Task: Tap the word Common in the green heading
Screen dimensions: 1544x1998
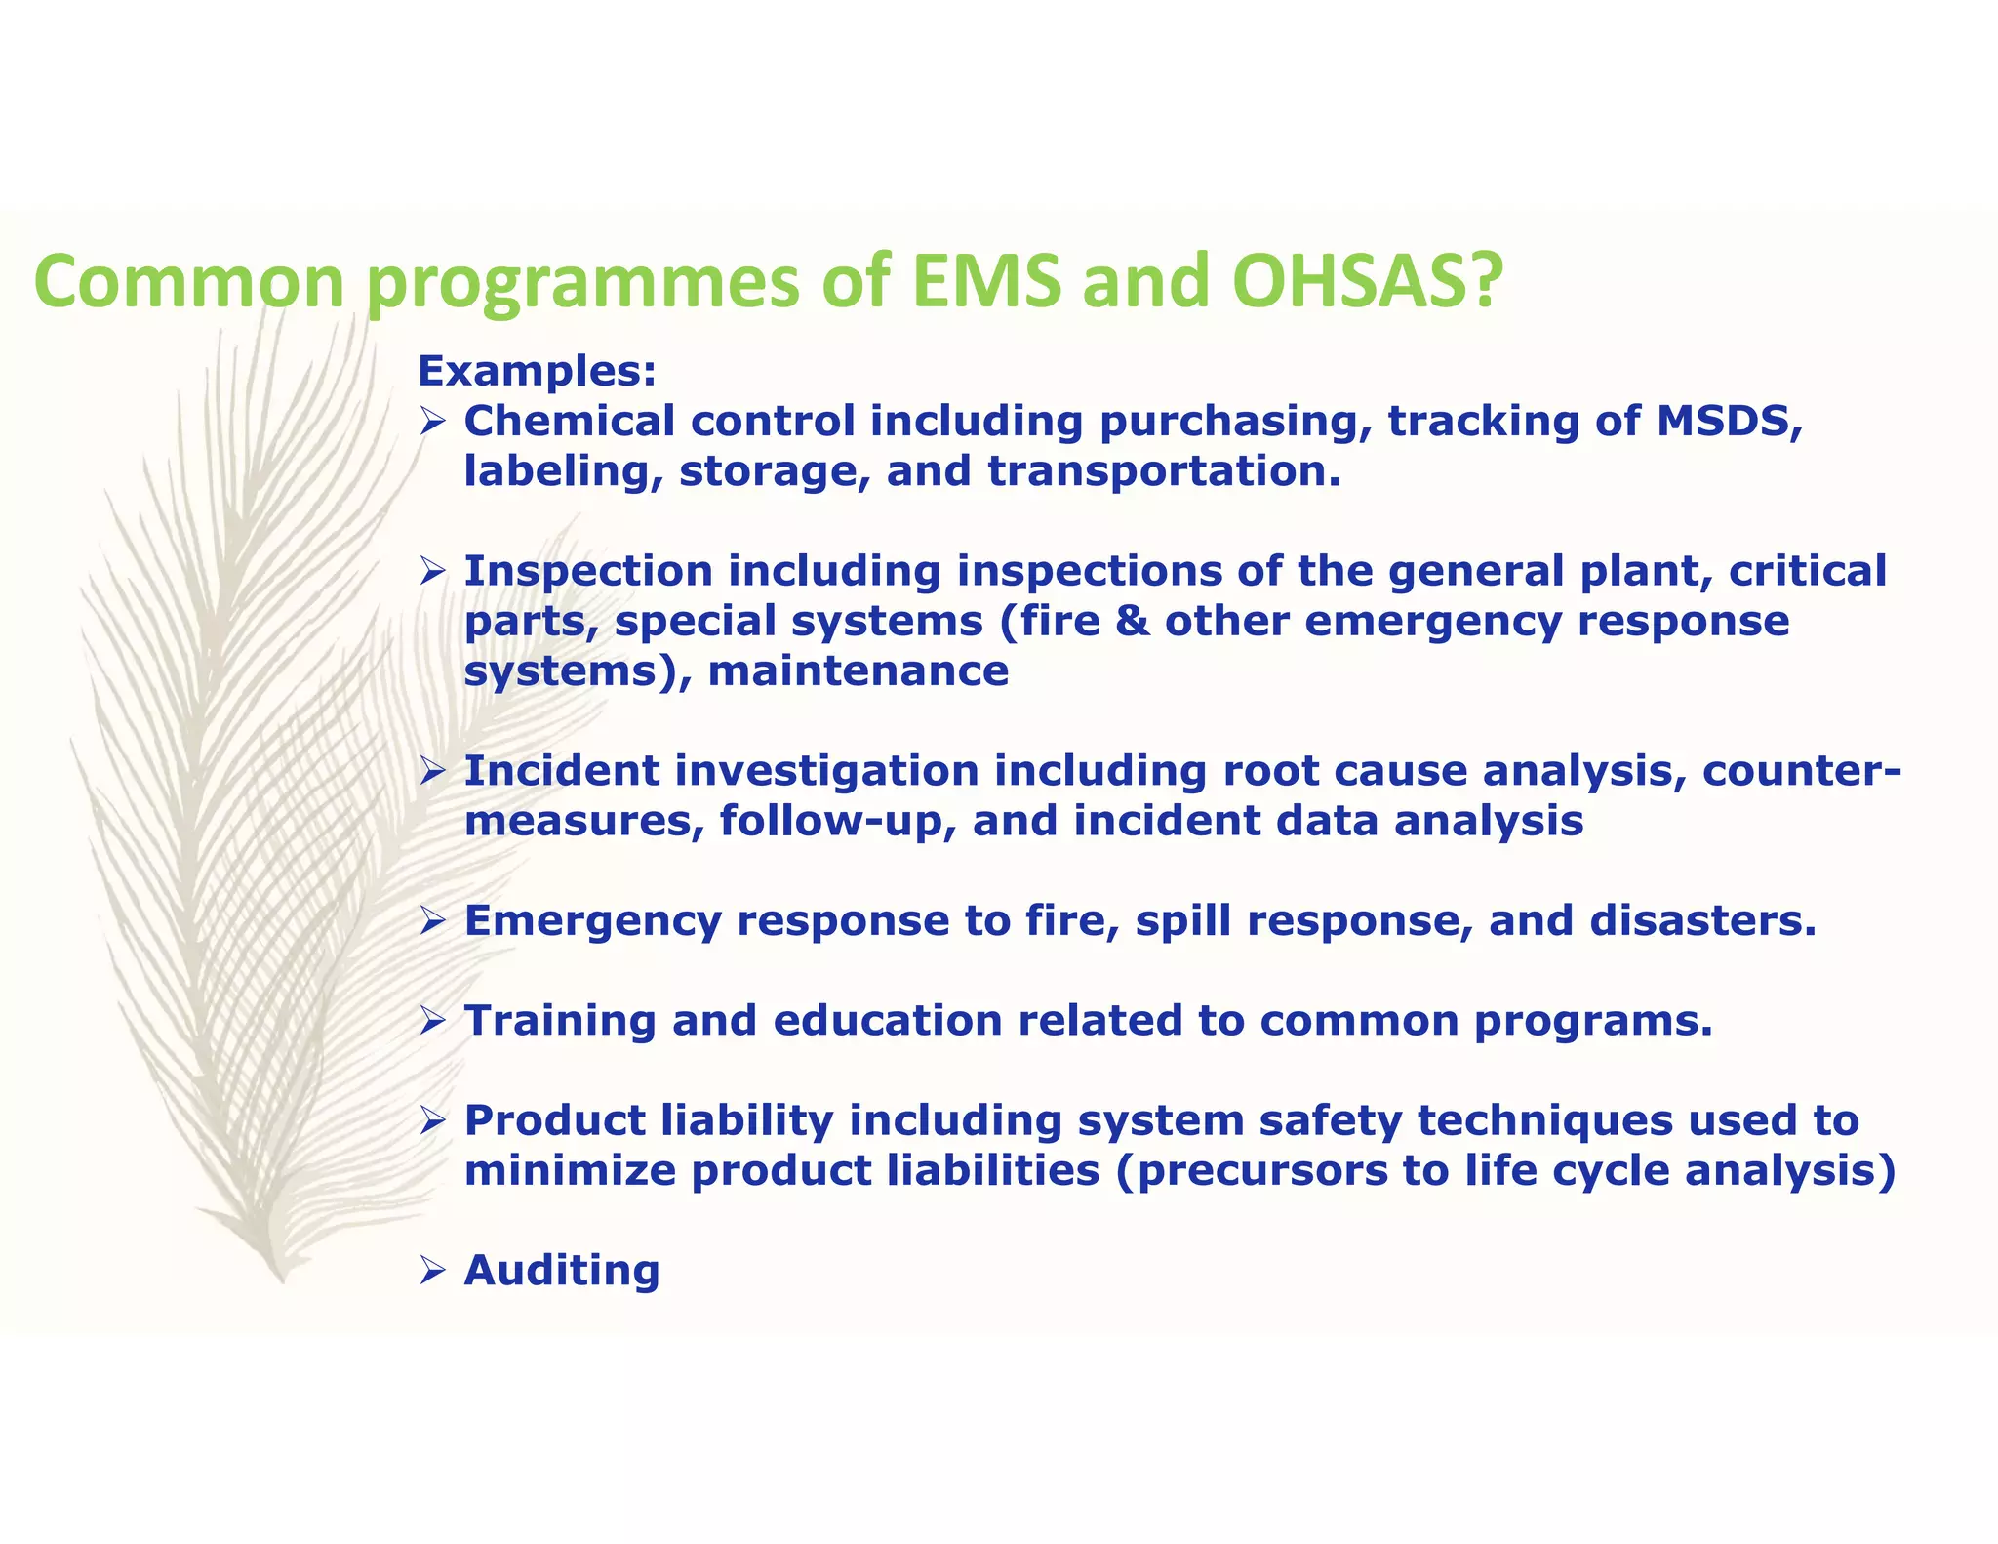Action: pyautogui.click(x=189, y=281)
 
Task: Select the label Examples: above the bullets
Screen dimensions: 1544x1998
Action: pyautogui.click(x=537, y=371)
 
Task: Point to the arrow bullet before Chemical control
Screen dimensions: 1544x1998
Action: pyautogui.click(x=432, y=422)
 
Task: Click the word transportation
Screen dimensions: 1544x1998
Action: pyautogui.click(x=1163, y=471)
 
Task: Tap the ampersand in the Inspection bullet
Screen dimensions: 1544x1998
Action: pyautogui.click(x=1132, y=621)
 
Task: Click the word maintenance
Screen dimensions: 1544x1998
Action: pyautogui.click(x=859, y=671)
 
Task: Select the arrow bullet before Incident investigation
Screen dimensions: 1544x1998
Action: pyautogui.click(x=432, y=772)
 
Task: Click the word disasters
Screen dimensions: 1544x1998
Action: pyautogui.click(x=1702, y=920)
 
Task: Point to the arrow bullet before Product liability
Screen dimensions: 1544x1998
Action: pyautogui.click(x=432, y=1121)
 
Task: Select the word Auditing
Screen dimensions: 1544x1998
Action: pyautogui.click(x=562, y=1270)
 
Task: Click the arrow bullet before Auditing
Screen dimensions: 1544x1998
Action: pyautogui.click(x=432, y=1271)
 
